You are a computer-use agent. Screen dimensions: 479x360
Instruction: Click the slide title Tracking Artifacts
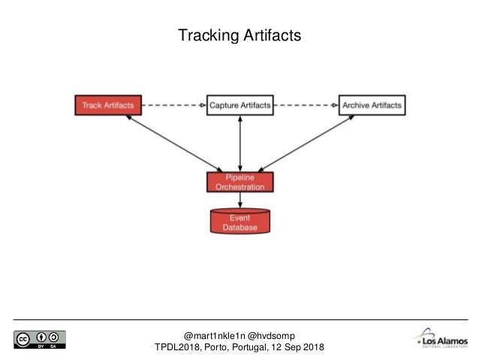pyautogui.click(x=239, y=35)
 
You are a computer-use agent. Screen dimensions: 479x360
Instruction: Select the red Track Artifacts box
pyautogui.click(x=108, y=105)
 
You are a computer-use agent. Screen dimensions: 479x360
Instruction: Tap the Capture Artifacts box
pyautogui.click(x=239, y=105)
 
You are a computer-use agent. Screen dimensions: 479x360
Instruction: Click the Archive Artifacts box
pyautogui.click(x=371, y=105)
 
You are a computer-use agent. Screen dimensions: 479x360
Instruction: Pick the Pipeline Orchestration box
pyautogui.click(x=239, y=181)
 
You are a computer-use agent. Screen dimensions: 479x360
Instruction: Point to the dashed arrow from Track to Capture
pyautogui.click(x=173, y=105)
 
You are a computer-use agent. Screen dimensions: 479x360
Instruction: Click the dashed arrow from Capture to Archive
pyautogui.click(x=305, y=105)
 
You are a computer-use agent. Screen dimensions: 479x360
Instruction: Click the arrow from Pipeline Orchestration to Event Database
pyautogui.click(x=239, y=199)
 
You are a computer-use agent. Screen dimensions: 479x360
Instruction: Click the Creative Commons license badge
pyautogui.click(x=39, y=339)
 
